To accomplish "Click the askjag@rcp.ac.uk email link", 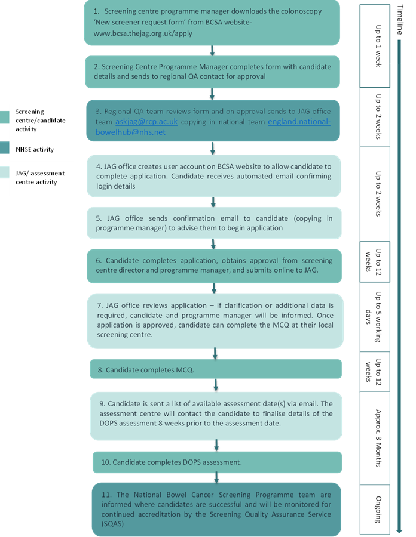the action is (x=146, y=122).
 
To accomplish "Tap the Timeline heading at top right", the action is (x=400, y=20).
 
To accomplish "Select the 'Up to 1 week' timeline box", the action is (x=375, y=46).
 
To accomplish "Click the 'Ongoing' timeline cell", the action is (x=375, y=510).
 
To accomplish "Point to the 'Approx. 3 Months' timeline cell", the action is (x=375, y=438).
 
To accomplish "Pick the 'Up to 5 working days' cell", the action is (x=375, y=317).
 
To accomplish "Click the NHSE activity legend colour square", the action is (x=4, y=148).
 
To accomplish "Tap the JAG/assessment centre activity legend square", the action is (x=4, y=172).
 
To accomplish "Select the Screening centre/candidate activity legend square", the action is (x=4, y=117).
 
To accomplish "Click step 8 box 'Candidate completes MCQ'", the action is (x=216, y=369).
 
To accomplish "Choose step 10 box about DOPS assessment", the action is (x=217, y=462).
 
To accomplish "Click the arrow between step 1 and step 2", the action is (x=212, y=51).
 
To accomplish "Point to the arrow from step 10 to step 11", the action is (x=216, y=478).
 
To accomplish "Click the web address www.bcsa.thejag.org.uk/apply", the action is (x=143, y=33).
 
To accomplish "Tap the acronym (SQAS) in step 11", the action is (x=112, y=524).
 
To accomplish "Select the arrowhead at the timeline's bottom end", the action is (x=399, y=530).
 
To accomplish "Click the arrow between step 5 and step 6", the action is (x=213, y=244).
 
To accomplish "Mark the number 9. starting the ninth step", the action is (x=102, y=404).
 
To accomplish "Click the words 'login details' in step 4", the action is (x=115, y=186).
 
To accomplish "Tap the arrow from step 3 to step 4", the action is (x=213, y=149).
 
